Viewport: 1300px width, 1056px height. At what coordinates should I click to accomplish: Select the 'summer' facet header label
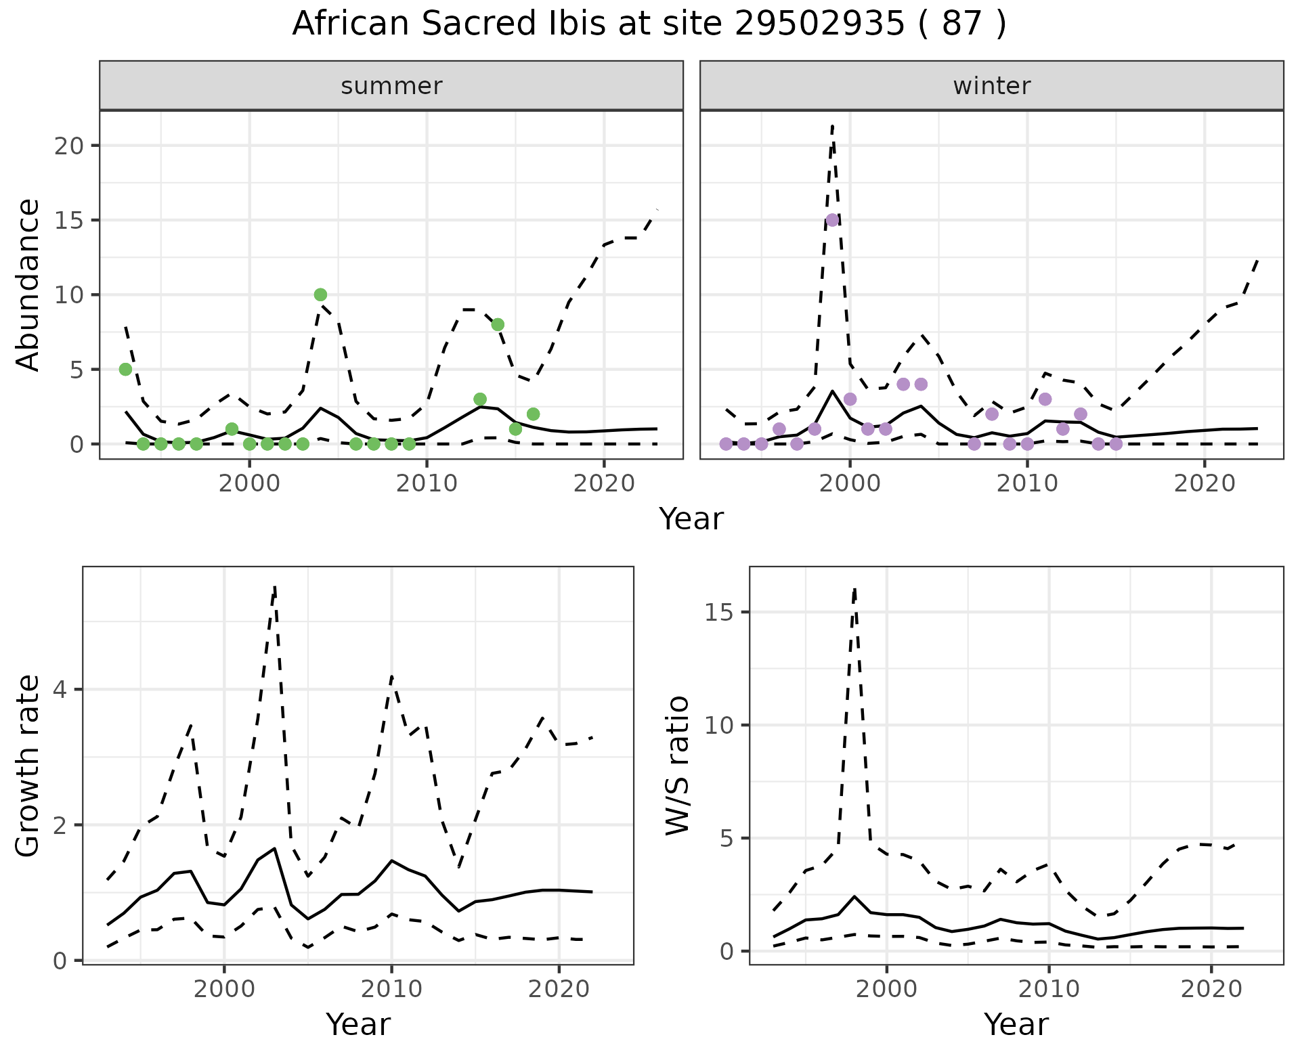[x=391, y=86]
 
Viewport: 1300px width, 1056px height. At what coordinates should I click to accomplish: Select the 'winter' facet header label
[x=991, y=86]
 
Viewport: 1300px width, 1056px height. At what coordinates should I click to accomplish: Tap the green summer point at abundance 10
[x=320, y=294]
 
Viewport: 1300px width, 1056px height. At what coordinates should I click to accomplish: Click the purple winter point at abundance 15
[x=832, y=220]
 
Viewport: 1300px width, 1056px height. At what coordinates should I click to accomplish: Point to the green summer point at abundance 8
[x=498, y=324]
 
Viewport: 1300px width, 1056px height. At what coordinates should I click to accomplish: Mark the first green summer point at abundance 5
[x=125, y=369]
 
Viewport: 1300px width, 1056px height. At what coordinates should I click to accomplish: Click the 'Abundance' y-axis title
[x=28, y=285]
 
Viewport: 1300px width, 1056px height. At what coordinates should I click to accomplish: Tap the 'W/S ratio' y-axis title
[x=678, y=766]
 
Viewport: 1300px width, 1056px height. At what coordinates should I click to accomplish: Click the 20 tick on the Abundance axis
[x=68, y=146]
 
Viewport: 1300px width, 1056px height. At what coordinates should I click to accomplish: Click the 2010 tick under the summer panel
[x=427, y=484]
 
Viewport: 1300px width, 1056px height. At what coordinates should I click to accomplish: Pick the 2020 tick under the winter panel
[x=1205, y=484]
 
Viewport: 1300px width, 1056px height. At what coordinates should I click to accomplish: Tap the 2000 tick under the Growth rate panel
[x=224, y=989]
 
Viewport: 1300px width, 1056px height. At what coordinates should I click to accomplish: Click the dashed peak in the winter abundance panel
[x=832, y=125]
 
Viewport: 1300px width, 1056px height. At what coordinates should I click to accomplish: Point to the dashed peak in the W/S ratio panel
[x=855, y=589]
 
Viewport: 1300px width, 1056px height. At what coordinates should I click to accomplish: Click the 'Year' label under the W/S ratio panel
[x=1016, y=1025]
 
